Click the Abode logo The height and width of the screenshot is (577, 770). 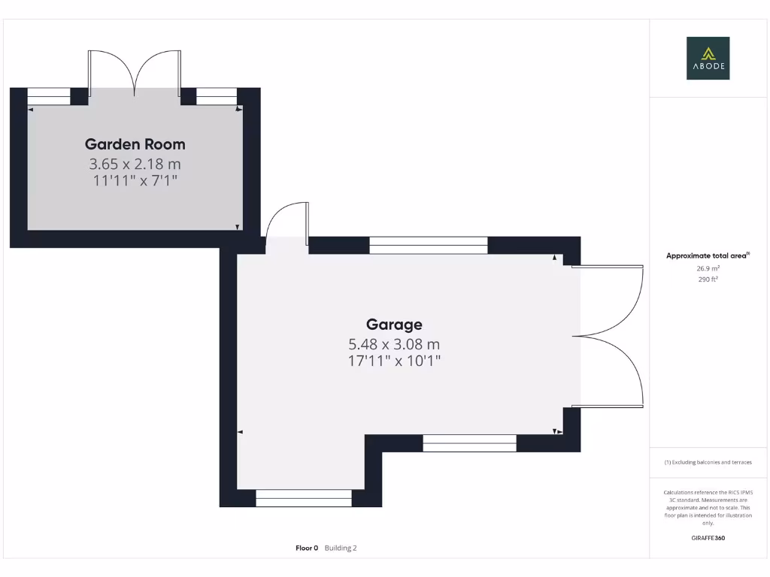[x=708, y=59]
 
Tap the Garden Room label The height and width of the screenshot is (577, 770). [x=135, y=144]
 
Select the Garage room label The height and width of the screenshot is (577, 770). [x=394, y=325]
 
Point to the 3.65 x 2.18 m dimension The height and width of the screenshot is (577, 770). [x=135, y=163]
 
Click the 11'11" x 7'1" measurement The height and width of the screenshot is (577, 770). [x=135, y=180]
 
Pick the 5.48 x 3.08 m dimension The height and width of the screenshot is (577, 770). [x=394, y=344]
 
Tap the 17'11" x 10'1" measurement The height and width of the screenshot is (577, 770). [x=394, y=361]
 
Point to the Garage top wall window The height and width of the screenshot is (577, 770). [x=429, y=245]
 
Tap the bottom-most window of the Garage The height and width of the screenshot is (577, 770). [x=304, y=497]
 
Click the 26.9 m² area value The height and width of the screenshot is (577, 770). [x=708, y=268]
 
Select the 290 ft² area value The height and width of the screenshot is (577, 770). [x=708, y=279]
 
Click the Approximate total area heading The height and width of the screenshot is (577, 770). [x=708, y=256]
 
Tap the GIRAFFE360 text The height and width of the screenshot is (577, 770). [x=708, y=538]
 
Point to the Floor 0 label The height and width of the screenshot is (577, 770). [x=307, y=548]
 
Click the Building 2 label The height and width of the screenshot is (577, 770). [x=341, y=548]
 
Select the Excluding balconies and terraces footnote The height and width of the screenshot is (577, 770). [x=708, y=462]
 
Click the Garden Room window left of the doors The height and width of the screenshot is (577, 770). [x=49, y=97]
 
